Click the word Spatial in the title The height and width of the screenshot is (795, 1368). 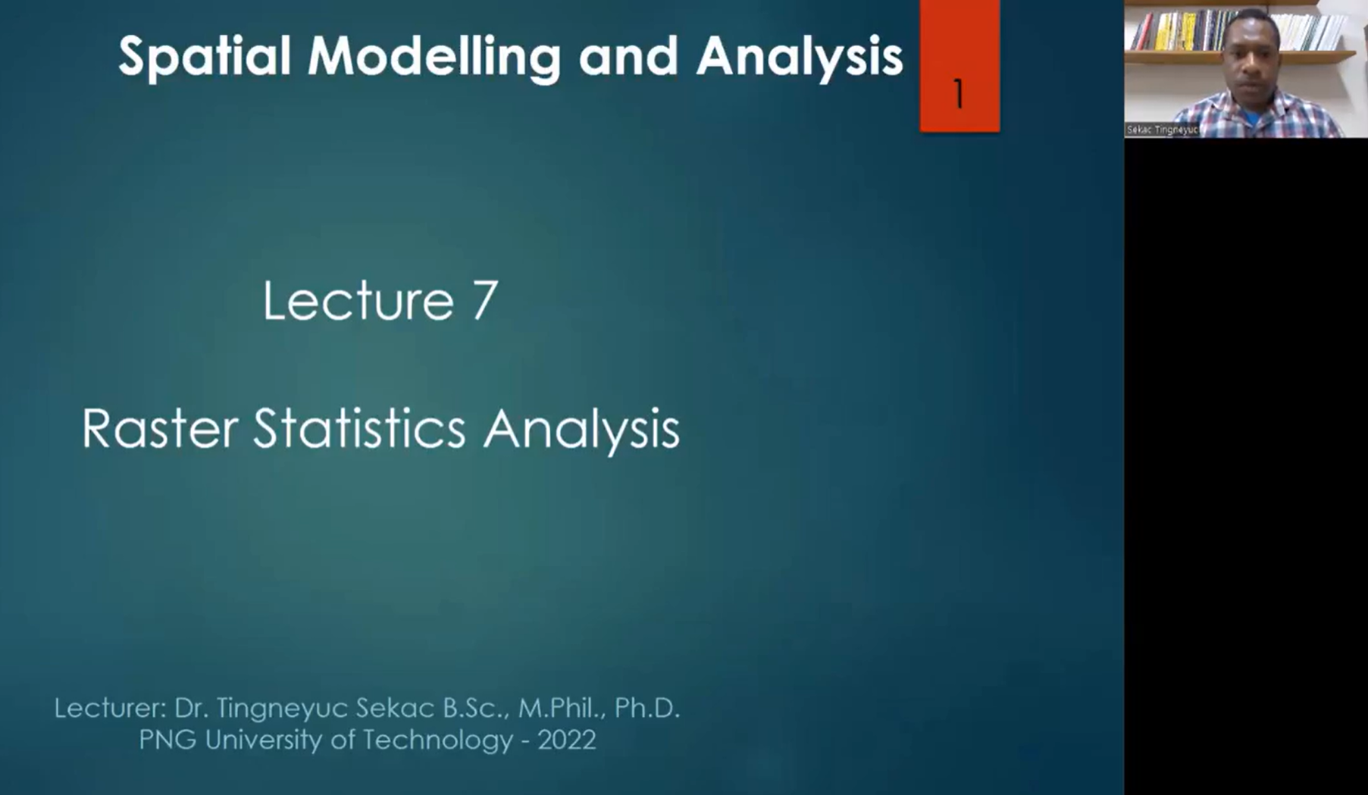[205, 58]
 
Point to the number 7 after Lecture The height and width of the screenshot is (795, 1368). [485, 300]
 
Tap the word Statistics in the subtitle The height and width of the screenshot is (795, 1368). [359, 429]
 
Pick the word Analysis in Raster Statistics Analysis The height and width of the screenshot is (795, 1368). [581, 430]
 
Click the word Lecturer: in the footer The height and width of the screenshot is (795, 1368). [110, 708]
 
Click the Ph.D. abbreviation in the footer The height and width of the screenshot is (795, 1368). [647, 708]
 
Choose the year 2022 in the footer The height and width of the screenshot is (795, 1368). [567, 740]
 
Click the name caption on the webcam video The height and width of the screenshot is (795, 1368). [1161, 130]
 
